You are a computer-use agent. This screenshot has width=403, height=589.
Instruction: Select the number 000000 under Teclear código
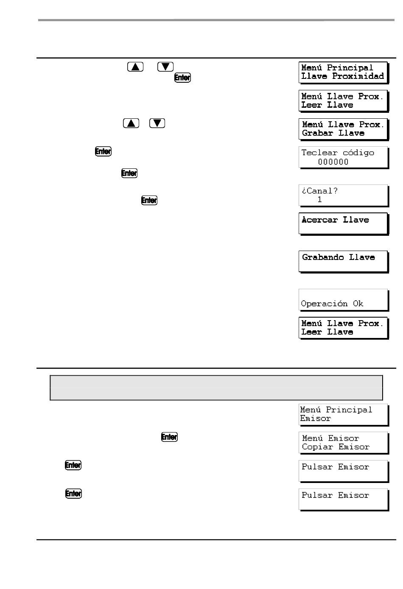tap(333, 162)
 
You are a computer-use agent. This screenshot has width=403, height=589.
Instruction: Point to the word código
tap(358, 153)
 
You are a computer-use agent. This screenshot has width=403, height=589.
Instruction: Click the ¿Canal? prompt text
tap(319, 191)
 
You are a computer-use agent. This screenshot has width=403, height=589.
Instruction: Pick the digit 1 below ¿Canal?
tap(319, 199)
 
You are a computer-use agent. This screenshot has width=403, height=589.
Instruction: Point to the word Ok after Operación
tap(358, 304)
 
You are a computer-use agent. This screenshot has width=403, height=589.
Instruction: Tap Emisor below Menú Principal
tap(315, 419)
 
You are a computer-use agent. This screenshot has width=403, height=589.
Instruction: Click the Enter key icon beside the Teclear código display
tap(103, 151)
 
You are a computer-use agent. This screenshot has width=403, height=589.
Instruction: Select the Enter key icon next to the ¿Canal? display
tap(149, 200)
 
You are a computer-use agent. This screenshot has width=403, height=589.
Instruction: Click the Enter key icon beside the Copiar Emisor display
tap(169, 437)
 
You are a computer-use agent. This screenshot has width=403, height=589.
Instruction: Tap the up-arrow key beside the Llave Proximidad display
tap(135, 67)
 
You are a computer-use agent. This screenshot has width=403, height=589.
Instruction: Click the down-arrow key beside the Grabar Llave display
tap(157, 123)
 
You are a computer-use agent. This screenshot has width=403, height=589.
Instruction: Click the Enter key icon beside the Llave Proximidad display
tap(182, 78)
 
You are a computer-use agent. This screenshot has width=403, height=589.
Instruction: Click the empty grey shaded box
tap(216, 388)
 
